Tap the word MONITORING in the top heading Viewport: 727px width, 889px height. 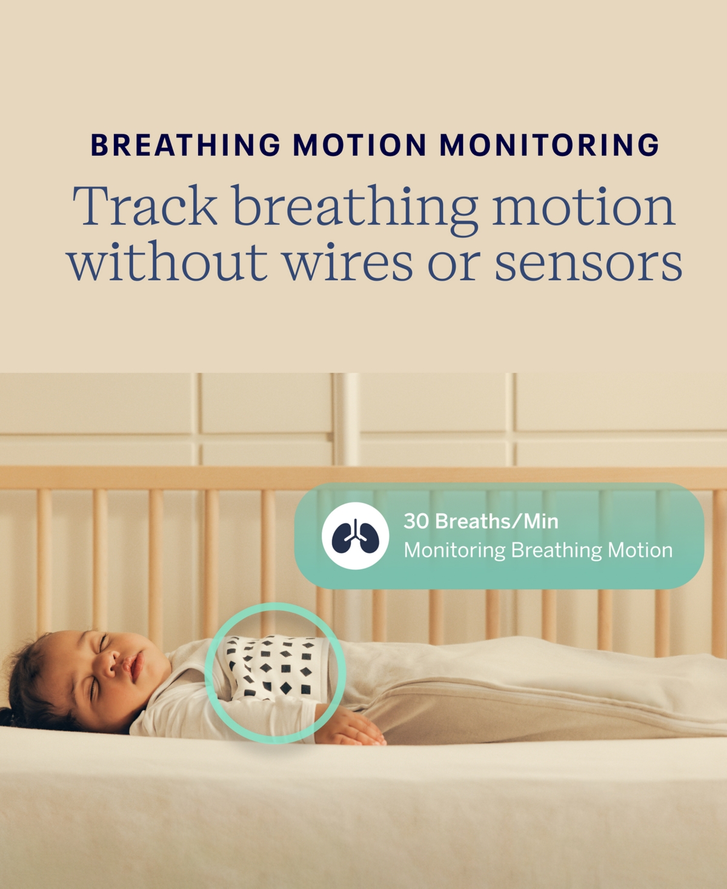coord(549,145)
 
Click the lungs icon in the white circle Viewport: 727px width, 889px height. coord(355,536)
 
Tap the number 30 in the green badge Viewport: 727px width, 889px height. coord(416,521)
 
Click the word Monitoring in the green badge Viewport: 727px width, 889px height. coord(454,550)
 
